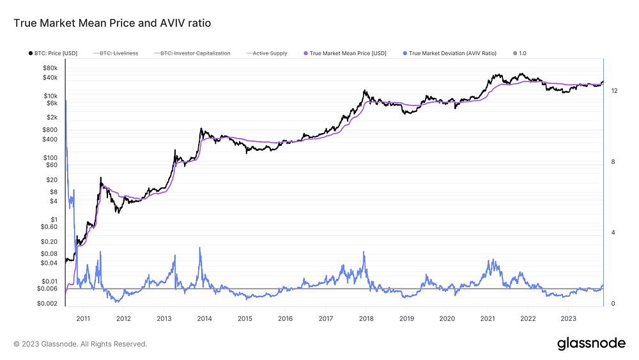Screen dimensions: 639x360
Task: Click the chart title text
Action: [x=112, y=23]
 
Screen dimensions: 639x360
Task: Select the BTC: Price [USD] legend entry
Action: [x=53, y=54]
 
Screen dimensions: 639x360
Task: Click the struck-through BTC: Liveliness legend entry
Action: [x=116, y=54]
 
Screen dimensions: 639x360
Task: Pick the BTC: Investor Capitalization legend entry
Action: [x=192, y=54]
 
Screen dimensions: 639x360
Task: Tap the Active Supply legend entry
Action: [x=267, y=54]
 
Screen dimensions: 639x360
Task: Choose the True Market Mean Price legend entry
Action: [x=345, y=54]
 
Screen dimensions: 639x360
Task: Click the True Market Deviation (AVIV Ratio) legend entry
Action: [x=450, y=54]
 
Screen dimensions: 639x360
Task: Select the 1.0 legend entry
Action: [x=520, y=54]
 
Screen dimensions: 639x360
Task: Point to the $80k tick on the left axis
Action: [x=50, y=68]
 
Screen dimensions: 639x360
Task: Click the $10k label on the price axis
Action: [x=50, y=96]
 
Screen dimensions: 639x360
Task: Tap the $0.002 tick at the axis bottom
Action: [x=47, y=303]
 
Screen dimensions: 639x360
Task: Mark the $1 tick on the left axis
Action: [x=54, y=219]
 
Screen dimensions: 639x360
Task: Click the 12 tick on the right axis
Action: [x=614, y=91]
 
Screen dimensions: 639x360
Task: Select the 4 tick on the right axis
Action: [x=613, y=232]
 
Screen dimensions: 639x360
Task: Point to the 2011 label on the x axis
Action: [x=83, y=318]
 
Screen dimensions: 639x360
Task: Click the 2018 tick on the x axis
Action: [x=366, y=318]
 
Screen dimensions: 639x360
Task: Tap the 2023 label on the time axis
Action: [x=569, y=318]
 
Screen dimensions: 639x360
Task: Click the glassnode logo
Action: [x=591, y=343]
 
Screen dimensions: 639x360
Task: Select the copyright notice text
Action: [x=81, y=344]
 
